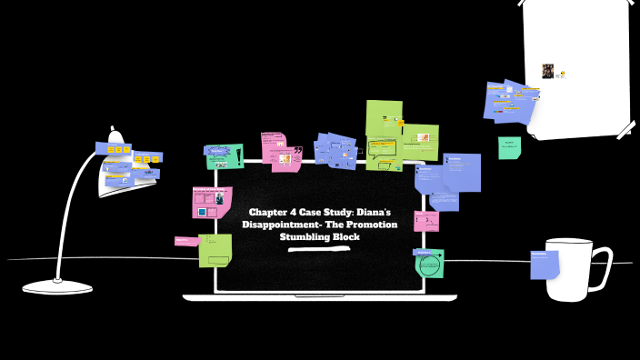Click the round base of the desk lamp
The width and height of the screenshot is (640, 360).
[x=57, y=286]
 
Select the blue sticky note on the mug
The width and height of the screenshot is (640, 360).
[x=545, y=265]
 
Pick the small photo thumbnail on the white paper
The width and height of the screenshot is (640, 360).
[x=548, y=71]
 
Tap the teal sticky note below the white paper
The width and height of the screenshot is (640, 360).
[x=509, y=147]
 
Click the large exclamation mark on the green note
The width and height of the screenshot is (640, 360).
[x=238, y=155]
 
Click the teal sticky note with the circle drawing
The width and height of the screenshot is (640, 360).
[x=430, y=264]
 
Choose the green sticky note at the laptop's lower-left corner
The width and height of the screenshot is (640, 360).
[x=215, y=250]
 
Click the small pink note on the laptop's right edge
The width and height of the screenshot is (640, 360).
[x=425, y=220]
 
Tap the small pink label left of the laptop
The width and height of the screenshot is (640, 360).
[x=186, y=241]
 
